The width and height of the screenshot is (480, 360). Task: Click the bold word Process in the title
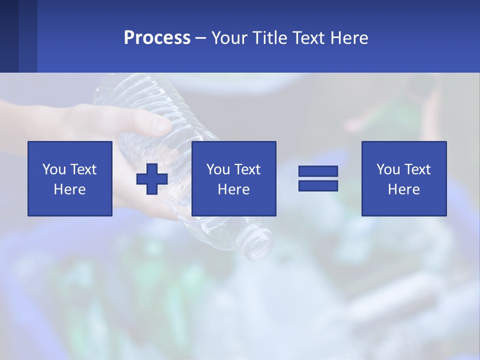(157, 38)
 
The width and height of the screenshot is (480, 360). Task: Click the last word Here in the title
(349, 38)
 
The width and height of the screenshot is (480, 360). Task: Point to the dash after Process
(201, 38)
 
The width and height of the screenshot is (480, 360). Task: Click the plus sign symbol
(152, 178)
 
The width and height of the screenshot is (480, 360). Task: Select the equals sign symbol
(318, 178)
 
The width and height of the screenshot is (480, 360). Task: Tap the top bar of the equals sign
(318, 171)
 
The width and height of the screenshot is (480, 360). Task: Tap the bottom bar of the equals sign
(318, 186)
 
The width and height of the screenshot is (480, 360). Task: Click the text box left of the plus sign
(70, 178)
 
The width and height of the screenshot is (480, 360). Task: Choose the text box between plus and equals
(234, 178)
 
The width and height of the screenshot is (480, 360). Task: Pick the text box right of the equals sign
(404, 178)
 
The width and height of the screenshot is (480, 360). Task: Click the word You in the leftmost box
(54, 169)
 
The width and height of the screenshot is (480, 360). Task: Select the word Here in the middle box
(234, 189)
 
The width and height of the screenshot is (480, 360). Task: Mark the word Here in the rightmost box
(404, 189)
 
